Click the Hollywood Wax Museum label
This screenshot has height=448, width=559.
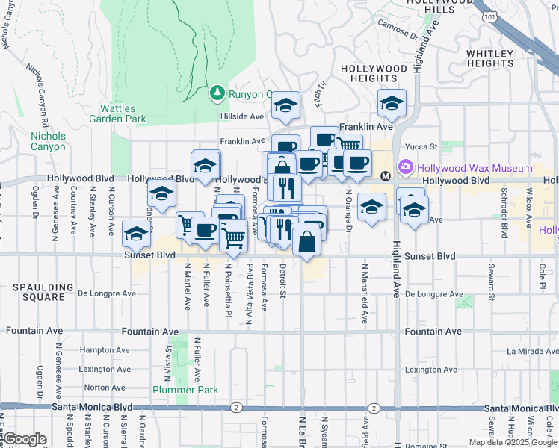coord(475,168)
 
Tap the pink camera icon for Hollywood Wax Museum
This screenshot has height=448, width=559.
coord(407,167)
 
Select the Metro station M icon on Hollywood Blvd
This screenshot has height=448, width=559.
coord(386,176)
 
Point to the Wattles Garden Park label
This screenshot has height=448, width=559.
coord(117,113)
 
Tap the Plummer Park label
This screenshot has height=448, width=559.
coord(185,390)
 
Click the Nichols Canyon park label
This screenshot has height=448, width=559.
coord(48,141)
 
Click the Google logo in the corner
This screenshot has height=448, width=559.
coord(25,439)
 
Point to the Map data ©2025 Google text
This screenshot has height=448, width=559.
coord(513,442)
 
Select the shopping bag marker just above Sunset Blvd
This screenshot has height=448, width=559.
coord(306,242)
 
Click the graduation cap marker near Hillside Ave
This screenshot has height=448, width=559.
coord(285,107)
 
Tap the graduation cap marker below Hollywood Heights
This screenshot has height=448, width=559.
coord(391,105)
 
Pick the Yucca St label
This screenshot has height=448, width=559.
coord(421,147)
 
